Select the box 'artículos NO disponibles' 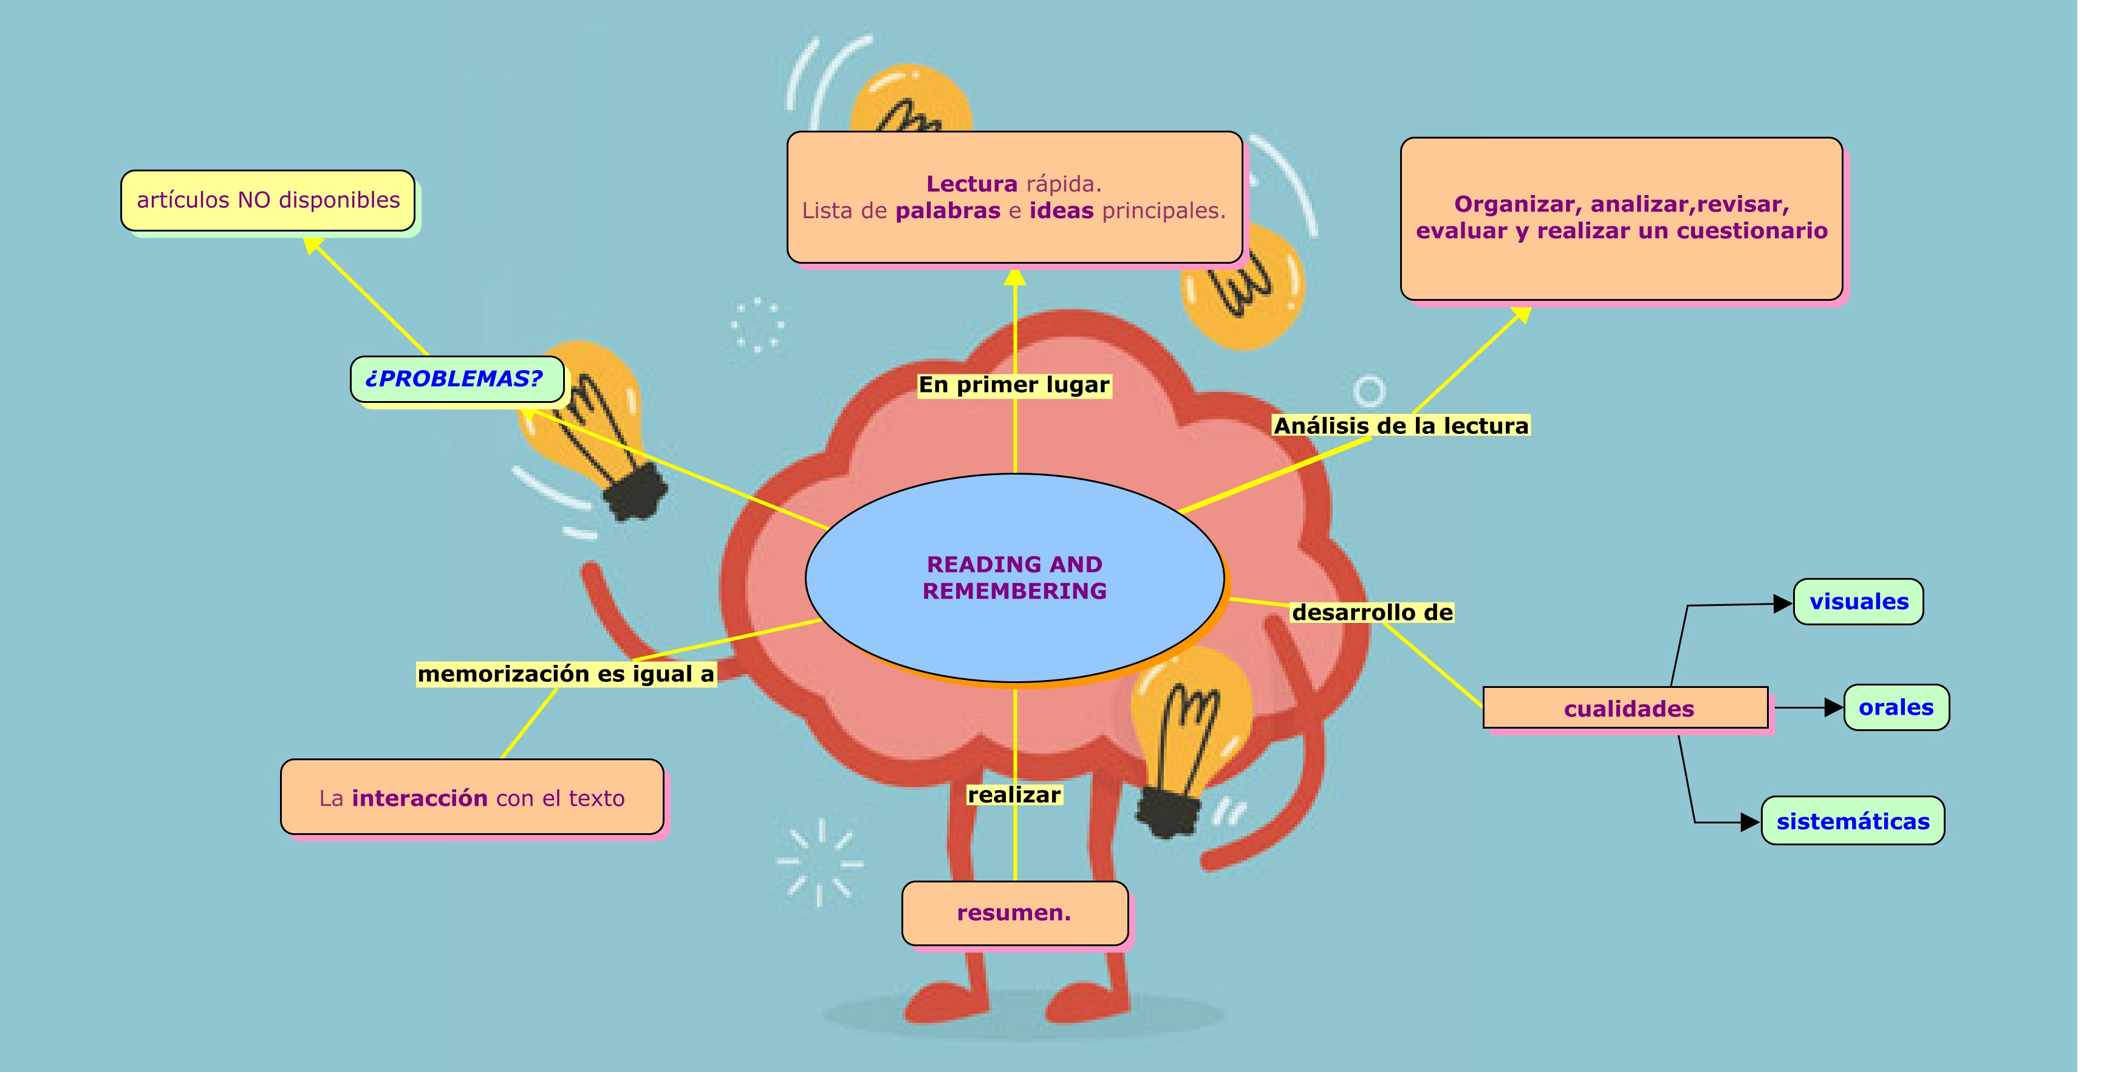coord(268,200)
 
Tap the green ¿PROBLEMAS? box coord(456,379)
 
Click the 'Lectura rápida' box coord(1014,197)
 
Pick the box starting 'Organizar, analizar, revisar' coord(1621,218)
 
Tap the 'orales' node coord(1896,707)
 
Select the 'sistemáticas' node coord(1852,820)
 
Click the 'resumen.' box coord(1014,913)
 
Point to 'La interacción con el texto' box coord(471,797)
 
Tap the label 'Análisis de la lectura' coord(1400,425)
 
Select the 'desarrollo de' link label coord(1372,612)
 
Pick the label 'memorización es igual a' coord(566,673)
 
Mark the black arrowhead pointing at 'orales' coord(1833,707)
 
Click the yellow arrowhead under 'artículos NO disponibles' coord(312,244)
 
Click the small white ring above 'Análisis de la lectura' coord(1369,391)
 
